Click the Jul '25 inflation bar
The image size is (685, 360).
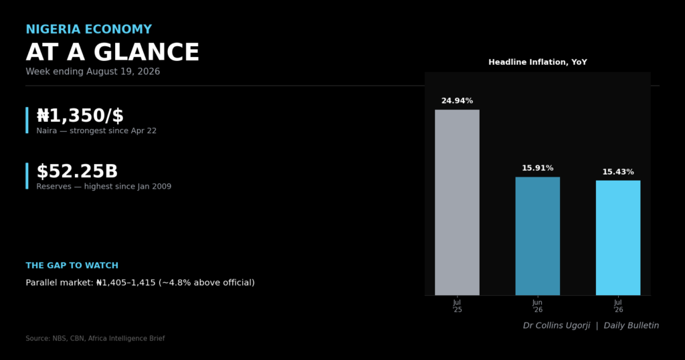(x=457, y=202)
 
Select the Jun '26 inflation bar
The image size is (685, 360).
(x=537, y=236)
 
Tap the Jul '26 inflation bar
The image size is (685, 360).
(x=618, y=238)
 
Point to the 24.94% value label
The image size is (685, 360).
(x=457, y=101)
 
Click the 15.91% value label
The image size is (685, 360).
(x=537, y=168)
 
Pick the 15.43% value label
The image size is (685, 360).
(x=618, y=172)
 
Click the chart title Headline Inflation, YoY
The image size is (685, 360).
(x=538, y=62)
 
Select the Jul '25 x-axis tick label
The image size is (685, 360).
(x=457, y=306)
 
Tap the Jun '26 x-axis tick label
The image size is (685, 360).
(x=537, y=306)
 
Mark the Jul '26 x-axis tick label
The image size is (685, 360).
(x=618, y=306)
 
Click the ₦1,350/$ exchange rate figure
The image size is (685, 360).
(x=80, y=116)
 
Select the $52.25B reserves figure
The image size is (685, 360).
(x=77, y=171)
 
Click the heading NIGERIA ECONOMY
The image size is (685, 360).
(x=89, y=29)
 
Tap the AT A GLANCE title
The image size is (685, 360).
(x=112, y=52)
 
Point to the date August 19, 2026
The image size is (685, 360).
(x=123, y=72)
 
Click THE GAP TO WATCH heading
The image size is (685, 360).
(x=72, y=265)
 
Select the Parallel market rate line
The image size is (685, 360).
(x=140, y=282)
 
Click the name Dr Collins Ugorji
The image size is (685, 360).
(x=557, y=325)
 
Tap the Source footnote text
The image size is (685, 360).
(x=95, y=338)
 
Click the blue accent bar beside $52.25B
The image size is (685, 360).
(x=27, y=176)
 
